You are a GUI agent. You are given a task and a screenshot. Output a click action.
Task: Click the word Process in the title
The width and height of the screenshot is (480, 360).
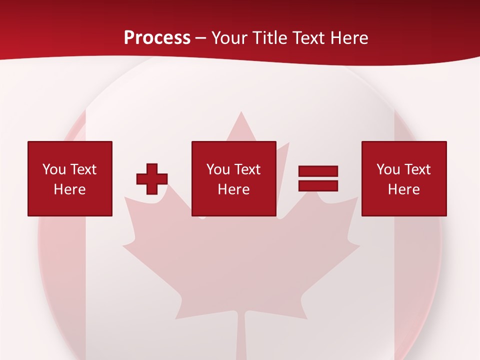coord(157,38)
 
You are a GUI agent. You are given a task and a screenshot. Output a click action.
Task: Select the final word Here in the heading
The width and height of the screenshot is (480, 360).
coord(348,38)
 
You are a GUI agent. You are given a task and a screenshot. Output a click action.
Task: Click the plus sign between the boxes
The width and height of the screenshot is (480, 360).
coord(152,179)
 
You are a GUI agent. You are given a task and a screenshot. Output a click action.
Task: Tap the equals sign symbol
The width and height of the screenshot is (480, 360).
coord(318,178)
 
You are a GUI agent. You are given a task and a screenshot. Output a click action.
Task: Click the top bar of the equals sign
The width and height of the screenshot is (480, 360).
coord(318,171)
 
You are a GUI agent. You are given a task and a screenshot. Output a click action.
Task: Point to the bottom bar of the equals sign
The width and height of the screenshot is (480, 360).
coord(318,186)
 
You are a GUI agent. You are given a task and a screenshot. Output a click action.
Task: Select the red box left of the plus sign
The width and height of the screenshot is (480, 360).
coord(70,178)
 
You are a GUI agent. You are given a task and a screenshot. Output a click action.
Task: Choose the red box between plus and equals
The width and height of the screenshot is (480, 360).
coord(233,178)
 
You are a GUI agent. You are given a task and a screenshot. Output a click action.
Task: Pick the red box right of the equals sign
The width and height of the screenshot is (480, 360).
coord(404,178)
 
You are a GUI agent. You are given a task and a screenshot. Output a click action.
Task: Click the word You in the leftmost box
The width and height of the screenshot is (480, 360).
coord(54,169)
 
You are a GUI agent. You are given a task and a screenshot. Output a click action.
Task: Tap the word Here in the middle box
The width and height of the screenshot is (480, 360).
coord(233,189)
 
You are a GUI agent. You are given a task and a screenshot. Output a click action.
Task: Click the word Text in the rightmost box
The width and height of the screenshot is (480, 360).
coord(417,169)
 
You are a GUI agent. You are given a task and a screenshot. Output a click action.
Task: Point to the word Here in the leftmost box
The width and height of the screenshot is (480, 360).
coord(69,189)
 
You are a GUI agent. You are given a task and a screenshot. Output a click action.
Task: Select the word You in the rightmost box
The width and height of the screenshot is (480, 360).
coord(388,169)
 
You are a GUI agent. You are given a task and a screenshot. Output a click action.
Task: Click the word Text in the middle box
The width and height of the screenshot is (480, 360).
coord(247,169)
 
